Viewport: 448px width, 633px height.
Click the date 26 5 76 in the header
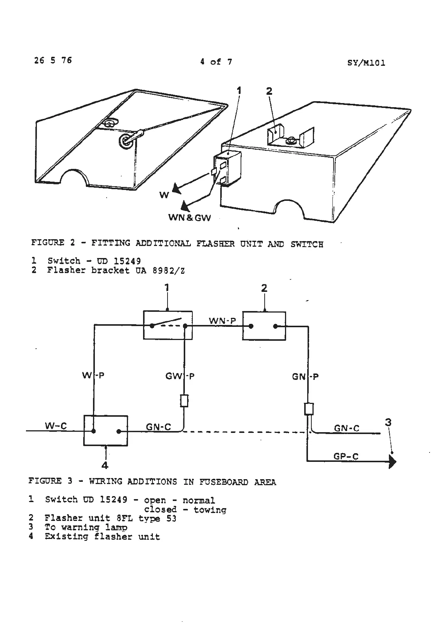tap(53, 60)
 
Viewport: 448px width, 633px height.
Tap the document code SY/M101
tap(366, 63)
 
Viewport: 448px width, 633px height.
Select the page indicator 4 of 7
tap(216, 62)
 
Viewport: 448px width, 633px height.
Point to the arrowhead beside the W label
tap(176, 188)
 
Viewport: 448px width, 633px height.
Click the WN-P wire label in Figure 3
tap(222, 320)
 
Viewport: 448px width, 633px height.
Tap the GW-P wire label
tap(180, 376)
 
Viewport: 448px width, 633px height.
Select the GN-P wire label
tap(305, 376)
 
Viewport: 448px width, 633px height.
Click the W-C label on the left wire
tap(56, 426)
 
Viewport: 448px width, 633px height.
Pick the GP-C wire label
tap(346, 457)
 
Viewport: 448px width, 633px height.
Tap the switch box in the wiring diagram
tap(168, 325)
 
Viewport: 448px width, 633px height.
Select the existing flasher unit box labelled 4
tap(105, 431)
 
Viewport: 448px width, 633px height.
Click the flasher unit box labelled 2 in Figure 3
tap(264, 326)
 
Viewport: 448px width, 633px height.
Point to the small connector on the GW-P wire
tap(184, 401)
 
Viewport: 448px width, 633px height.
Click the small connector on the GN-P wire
tap(309, 409)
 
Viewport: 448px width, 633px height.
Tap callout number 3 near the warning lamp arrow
tap(388, 422)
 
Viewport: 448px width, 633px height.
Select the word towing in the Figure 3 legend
tap(210, 510)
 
